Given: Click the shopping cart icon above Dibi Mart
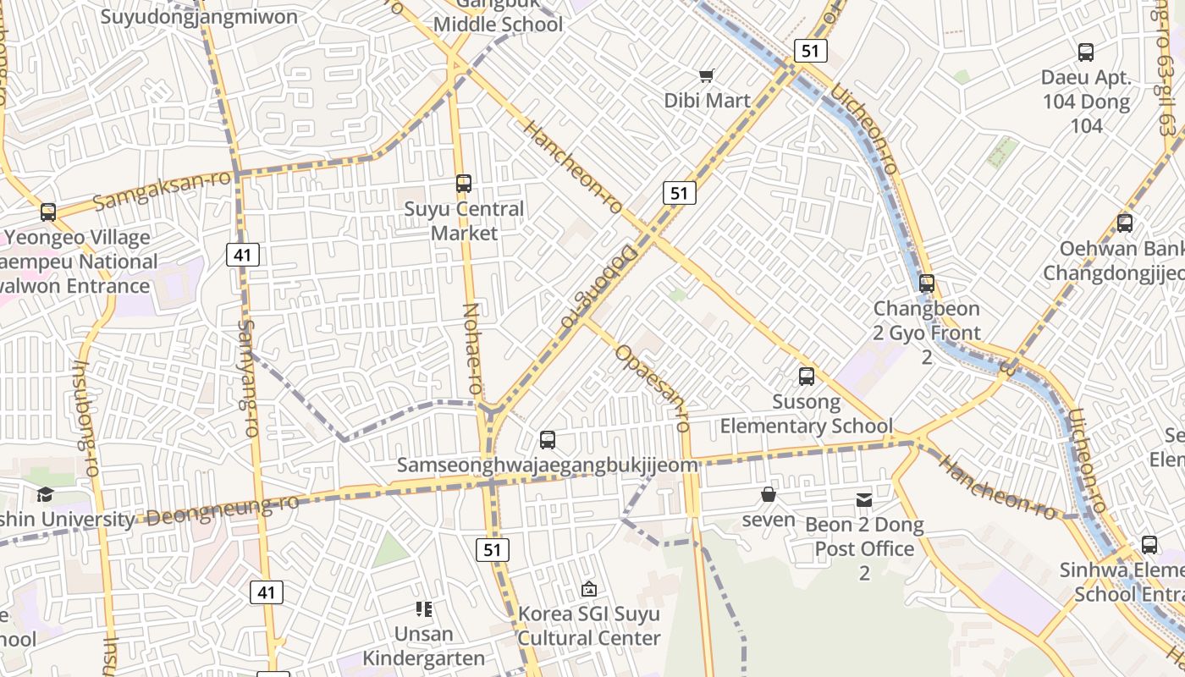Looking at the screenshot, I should (707, 76).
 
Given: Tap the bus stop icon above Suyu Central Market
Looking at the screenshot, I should (463, 184).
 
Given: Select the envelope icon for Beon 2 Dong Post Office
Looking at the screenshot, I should (864, 500).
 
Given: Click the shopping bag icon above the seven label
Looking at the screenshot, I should (769, 494).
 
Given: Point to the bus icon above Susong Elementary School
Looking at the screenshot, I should (807, 377).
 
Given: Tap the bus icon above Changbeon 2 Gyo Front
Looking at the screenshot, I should (927, 283).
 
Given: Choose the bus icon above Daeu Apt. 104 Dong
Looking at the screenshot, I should (1086, 52).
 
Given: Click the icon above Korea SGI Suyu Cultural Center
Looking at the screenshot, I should (589, 589).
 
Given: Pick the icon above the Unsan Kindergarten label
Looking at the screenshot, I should (424, 609).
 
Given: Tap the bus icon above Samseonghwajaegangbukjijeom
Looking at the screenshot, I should (548, 440).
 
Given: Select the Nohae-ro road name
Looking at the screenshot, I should (472, 348).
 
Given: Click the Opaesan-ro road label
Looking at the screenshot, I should (653, 388).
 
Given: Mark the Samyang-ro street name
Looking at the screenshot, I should (248, 377).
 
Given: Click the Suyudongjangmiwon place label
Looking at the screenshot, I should (199, 17).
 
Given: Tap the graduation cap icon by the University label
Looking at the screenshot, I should (45, 495).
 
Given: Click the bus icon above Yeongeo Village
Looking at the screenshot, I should (48, 212).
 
